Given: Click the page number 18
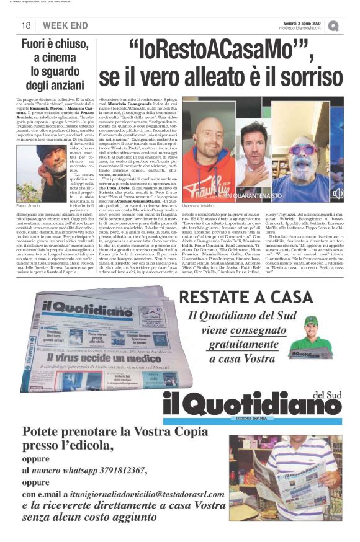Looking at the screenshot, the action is (x=26, y=25).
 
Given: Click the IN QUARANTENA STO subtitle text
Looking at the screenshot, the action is (x=282, y=195).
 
